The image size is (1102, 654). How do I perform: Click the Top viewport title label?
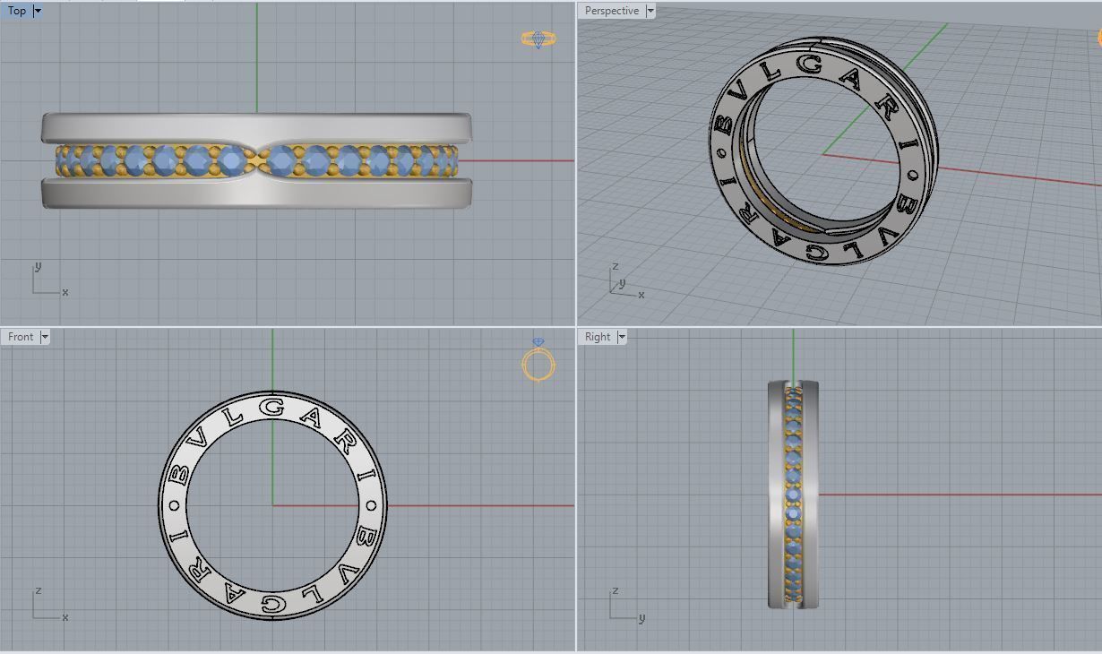coord(17,12)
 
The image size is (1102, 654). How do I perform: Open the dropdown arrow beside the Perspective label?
coord(650,12)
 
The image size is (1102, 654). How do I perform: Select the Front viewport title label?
coord(21,337)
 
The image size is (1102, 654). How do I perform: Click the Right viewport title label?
coord(598,337)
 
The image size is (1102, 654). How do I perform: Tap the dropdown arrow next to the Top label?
coord(38,12)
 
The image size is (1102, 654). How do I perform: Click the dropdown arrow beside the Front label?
coord(45,337)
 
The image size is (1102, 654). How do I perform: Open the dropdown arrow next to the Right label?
coord(622,337)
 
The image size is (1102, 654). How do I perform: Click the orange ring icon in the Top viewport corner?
coord(538,39)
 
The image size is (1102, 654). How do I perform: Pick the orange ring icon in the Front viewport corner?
coord(538,363)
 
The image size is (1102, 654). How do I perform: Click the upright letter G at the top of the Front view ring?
coord(272,409)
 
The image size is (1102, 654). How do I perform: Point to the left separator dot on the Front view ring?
coord(174,504)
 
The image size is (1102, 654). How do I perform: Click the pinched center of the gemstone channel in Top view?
coord(258,161)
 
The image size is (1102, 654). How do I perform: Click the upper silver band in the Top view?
coord(256,126)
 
